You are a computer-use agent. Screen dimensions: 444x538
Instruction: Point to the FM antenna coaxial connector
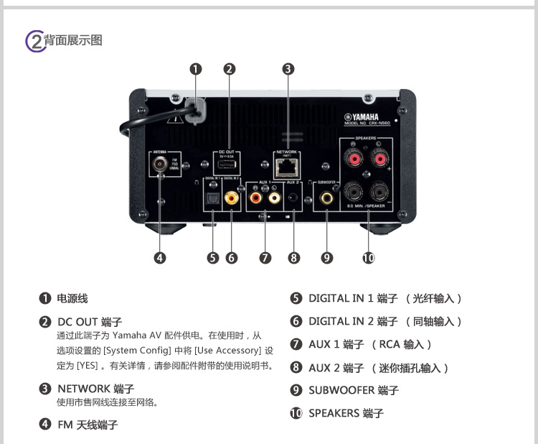159,164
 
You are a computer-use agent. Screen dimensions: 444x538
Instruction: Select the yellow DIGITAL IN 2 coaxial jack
232,196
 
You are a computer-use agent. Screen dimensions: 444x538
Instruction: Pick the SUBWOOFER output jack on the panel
327,195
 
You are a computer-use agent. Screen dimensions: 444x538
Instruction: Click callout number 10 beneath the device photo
369,258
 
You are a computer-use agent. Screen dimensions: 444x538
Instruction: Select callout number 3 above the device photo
288,69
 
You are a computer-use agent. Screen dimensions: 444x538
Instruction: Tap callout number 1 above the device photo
195,69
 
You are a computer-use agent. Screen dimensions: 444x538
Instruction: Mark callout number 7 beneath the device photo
265,258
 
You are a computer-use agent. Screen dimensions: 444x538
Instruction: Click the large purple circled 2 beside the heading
34,41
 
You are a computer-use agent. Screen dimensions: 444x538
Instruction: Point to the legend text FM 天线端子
88,425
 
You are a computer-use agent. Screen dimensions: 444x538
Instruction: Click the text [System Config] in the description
134,351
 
